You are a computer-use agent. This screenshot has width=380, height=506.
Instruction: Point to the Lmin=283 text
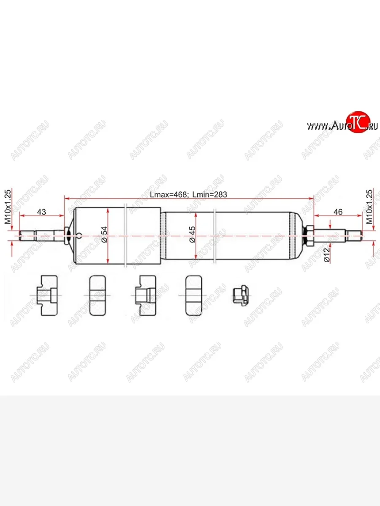click(210, 195)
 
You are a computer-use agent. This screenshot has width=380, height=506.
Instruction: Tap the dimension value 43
click(41, 212)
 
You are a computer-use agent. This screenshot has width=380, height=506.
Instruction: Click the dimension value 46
click(338, 212)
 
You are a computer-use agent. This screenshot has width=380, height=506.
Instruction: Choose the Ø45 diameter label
click(192, 234)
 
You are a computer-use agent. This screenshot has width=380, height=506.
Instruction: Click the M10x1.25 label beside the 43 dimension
click(7, 207)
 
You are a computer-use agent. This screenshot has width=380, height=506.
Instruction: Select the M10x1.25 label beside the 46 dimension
click(369, 207)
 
